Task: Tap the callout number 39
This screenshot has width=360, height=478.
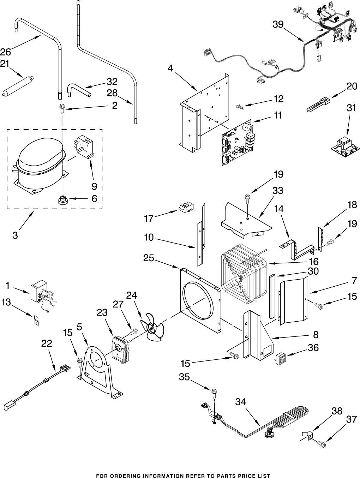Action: [x=278, y=24]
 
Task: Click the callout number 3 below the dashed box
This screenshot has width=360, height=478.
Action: [x=15, y=235]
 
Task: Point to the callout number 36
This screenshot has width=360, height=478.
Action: [x=313, y=348]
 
